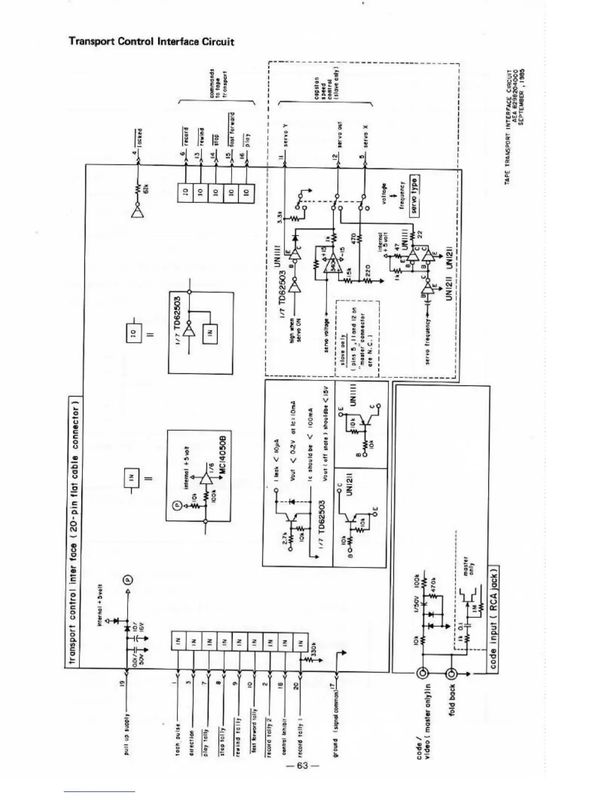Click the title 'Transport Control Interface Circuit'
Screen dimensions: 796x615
click(151, 41)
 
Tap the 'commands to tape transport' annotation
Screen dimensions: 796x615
click(219, 83)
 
